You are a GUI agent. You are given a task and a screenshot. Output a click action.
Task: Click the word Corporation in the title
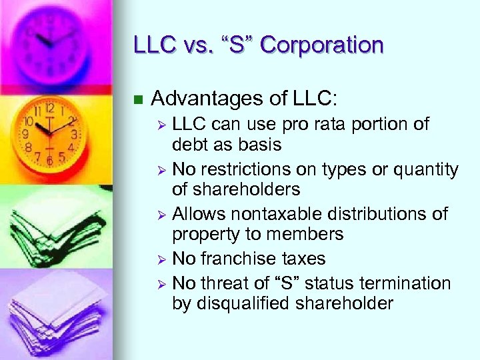pyautogui.click(x=322, y=45)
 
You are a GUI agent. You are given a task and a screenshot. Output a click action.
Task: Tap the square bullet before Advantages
pyautogui.click(x=139, y=100)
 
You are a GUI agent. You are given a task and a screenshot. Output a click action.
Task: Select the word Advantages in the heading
pyautogui.click(x=212, y=99)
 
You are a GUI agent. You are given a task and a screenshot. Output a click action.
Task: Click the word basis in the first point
pyautogui.click(x=260, y=145)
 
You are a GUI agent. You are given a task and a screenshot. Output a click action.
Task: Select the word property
pyautogui.click(x=206, y=234)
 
